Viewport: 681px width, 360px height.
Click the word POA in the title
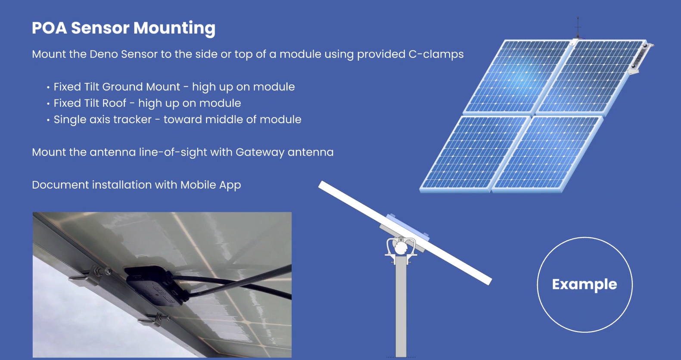[49, 28]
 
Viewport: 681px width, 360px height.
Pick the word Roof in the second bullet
[114, 103]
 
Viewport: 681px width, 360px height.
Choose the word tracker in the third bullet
[133, 119]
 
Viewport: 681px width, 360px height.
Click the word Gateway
[260, 152]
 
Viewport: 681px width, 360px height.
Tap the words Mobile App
[210, 185]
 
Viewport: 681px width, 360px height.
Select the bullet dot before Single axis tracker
[48, 120]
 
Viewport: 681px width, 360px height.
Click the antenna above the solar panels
[578, 28]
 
